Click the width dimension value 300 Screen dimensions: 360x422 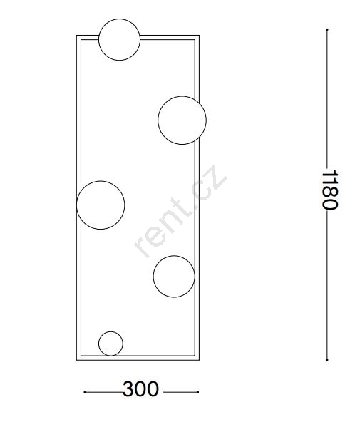tap(140, 389)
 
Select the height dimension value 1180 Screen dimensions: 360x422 tap(330, 190)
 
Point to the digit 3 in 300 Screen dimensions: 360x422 tap(128, 389)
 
